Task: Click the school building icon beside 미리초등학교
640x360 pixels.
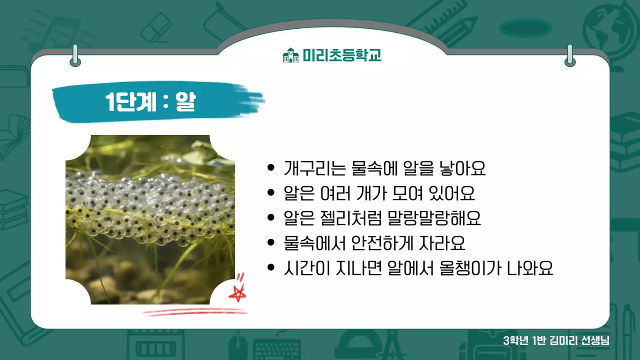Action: [290, 55]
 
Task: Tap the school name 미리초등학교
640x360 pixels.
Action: [342, 55]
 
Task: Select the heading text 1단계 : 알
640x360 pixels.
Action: [150, 102]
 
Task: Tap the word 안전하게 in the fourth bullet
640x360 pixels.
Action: [362, 243]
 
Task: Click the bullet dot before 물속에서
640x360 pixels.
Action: [271, 243]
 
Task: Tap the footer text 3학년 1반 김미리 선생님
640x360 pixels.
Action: [556, 341]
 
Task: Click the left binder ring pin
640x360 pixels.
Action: [75, 55]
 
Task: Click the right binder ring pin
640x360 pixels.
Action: [569, 55]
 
